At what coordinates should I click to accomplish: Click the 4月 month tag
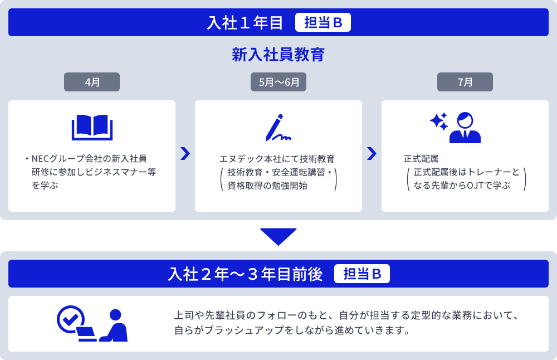click(x=92, y=82)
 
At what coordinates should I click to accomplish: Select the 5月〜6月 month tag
click(x=278, y=82)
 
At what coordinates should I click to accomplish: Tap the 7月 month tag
click(x=465, y=82)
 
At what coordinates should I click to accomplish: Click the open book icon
click(x=92, y=128)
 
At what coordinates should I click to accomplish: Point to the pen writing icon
click(x=278, y=128)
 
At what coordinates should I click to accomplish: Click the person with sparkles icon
click(x=456, y=128)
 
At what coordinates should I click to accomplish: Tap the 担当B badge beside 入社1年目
click(x=323, y=23)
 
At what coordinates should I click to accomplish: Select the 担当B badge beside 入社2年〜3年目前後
click(x=361, y=274)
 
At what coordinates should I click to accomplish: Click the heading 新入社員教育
click(x=278, y=55)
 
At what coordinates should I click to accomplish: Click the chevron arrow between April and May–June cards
click(x=185, y=154)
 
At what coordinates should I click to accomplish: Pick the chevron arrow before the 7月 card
click(x=372, y=154)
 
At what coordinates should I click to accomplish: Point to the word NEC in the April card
click(x=42, y=158)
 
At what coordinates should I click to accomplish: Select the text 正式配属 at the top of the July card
click(x=421, y=159)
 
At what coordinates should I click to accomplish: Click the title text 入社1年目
click(x=245, y=23)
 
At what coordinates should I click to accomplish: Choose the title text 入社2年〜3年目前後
click(x=245, y=274)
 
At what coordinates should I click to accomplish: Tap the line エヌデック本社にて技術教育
click(x=277, y=159)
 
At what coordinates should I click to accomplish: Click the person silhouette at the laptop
click(x=116, y=325)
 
